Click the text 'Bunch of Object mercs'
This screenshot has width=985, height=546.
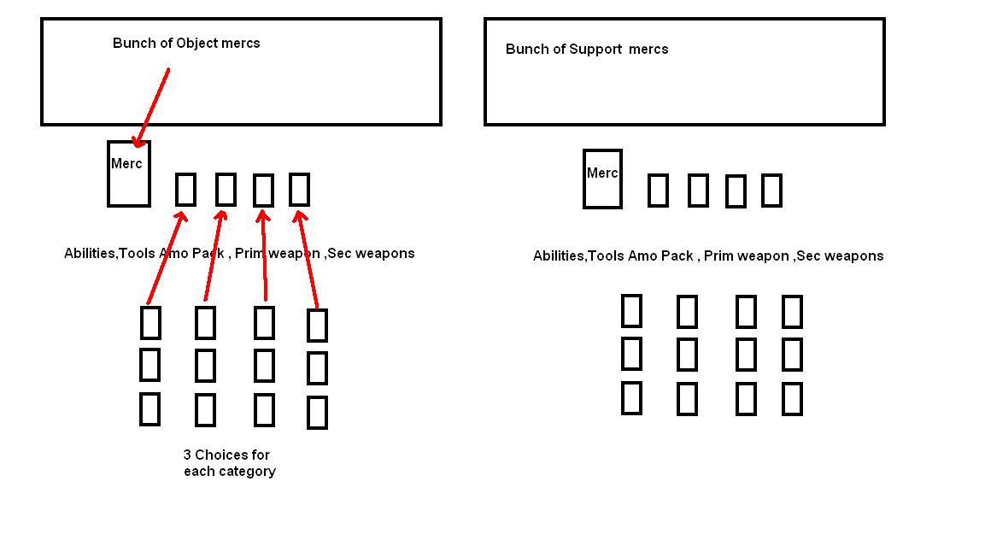point(186,43)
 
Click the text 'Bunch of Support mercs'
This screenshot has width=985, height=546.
point(587,49)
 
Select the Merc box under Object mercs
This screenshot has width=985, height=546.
point(129,173)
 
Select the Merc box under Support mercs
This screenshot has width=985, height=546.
point(602,179)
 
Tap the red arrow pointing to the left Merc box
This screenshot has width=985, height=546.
point(151,107)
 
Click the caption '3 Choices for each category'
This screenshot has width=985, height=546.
point(229,463)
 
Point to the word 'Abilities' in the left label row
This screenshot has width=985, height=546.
point(89,253)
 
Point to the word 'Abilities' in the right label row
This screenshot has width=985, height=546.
point(558,255)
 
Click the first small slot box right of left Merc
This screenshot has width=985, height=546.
point(185,189)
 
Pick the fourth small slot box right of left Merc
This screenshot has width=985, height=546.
point(299,189)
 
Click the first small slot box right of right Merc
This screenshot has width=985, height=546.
point(658,191)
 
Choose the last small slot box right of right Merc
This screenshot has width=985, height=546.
point(771,191)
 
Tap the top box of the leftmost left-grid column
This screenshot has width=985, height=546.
point(150,322)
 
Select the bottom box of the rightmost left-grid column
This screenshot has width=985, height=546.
point(317,412)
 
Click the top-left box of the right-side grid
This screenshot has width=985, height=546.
point(631,311)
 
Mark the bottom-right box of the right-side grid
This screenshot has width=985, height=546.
point(792,399)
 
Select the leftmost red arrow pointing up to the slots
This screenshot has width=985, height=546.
point(166,256)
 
